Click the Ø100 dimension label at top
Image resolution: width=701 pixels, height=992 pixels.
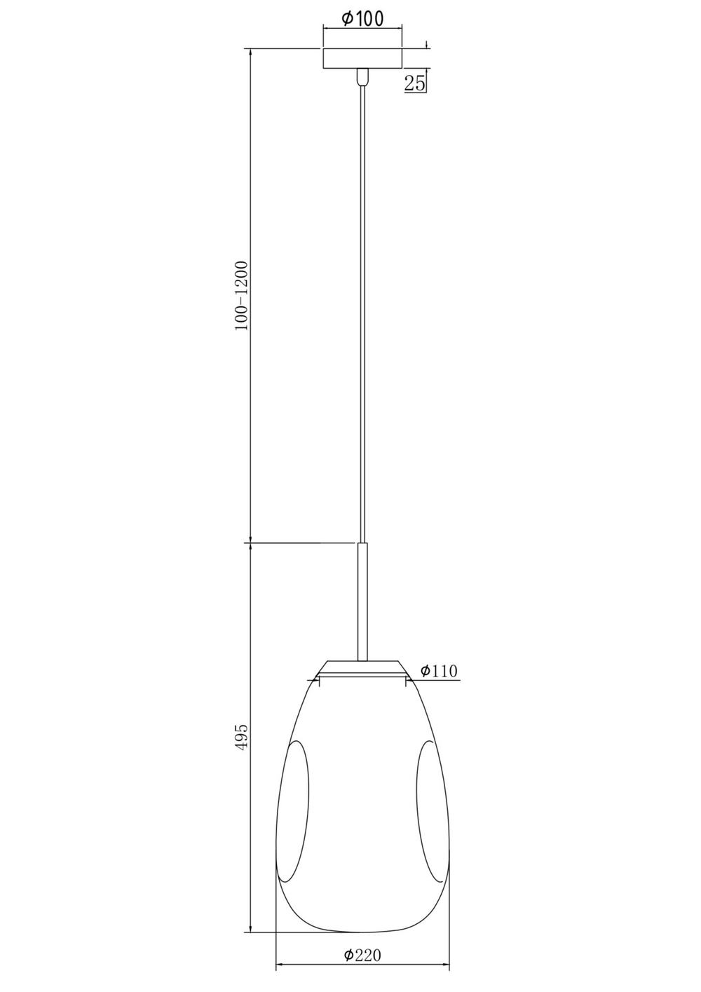click(362, 19)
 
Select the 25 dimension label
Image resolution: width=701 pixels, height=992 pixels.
click(414, 83)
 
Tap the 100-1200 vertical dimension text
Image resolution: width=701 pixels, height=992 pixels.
click(241, 295)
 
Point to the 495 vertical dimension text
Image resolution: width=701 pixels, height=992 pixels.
click(241, 737)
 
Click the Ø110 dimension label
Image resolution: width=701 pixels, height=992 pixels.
click(439, 671)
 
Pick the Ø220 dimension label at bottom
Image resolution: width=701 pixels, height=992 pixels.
click(362, 955)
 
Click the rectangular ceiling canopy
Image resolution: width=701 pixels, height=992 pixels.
click(362, 58)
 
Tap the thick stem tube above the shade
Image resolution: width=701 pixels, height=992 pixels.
click(362, 600)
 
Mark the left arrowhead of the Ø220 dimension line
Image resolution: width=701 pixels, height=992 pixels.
click(280, 967)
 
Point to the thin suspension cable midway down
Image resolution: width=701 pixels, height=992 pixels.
click(362, 315)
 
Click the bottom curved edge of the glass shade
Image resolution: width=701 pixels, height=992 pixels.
click(362, 932)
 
